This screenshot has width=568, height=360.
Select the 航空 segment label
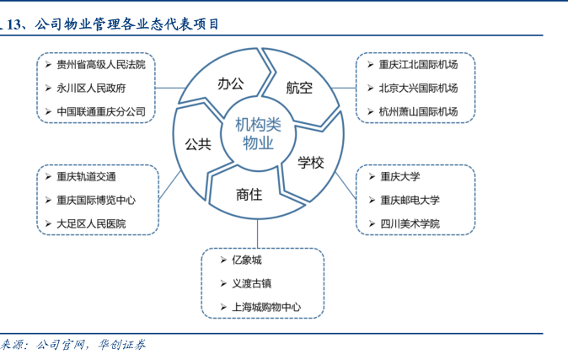tap(298, 88)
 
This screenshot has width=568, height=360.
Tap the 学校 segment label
tap(310, 162)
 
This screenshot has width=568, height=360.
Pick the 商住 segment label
tap(249, 194)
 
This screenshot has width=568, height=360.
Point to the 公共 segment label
tap(197, 144)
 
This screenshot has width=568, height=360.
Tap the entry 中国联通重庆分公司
tap(101, 111)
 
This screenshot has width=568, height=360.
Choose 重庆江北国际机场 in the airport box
tap(418, 64)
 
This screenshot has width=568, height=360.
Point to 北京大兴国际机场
tap(418, 88)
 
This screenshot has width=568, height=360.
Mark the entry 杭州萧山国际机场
tap(418, 111)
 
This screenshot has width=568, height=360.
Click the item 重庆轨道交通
tap(86, 176)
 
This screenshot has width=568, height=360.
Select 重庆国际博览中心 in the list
tap(95, 200)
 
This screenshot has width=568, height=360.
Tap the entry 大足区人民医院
tap(90, 223)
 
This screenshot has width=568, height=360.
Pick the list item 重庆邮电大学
tap(410, 200)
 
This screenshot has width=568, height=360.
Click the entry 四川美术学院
tap(410, 223)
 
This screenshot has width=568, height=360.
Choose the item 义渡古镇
tap(251, 284)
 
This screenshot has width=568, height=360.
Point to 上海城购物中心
tap(265, 308)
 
